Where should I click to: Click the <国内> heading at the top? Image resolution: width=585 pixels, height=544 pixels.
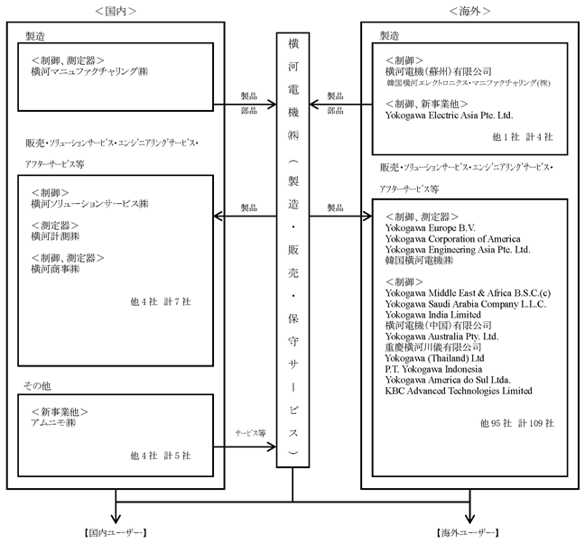[116, 11]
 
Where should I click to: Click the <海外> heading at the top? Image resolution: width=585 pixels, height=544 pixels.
[469, 11]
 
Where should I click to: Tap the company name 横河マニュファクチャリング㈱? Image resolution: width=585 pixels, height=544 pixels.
[89, 71]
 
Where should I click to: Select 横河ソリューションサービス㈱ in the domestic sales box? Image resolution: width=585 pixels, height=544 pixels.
[89, 204]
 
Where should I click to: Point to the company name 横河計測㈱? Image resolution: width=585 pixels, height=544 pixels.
[55, 236]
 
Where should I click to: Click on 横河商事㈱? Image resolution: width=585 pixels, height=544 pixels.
[55, 269]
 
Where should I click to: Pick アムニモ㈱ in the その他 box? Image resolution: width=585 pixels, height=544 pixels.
[53, 422]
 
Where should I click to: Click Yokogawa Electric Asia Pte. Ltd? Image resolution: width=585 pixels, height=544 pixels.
[450, 115]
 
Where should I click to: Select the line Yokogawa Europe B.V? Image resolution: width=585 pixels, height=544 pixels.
[430, 228]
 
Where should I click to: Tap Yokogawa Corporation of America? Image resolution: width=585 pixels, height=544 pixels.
[453, 239]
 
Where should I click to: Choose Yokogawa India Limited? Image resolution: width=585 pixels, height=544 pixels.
[433, 315]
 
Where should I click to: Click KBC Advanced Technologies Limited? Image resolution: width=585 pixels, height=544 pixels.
[459, 391]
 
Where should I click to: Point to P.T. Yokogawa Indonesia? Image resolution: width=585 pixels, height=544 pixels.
[433, 369]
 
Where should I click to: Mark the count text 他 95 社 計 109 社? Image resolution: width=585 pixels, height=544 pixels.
[517, 423]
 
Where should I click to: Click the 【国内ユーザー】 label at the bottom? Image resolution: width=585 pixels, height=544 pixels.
[116, 533]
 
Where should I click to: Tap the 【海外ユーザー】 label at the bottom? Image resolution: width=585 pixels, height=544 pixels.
[468, 533]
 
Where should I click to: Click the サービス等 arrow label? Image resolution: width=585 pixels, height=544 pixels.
[250, 433]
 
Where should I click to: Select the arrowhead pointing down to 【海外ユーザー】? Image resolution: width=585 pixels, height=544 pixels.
[469, 519]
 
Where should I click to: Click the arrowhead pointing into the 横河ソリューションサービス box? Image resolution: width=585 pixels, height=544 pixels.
[218, 217]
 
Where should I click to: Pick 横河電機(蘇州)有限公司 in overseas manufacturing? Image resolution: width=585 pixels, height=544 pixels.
[439, 71]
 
